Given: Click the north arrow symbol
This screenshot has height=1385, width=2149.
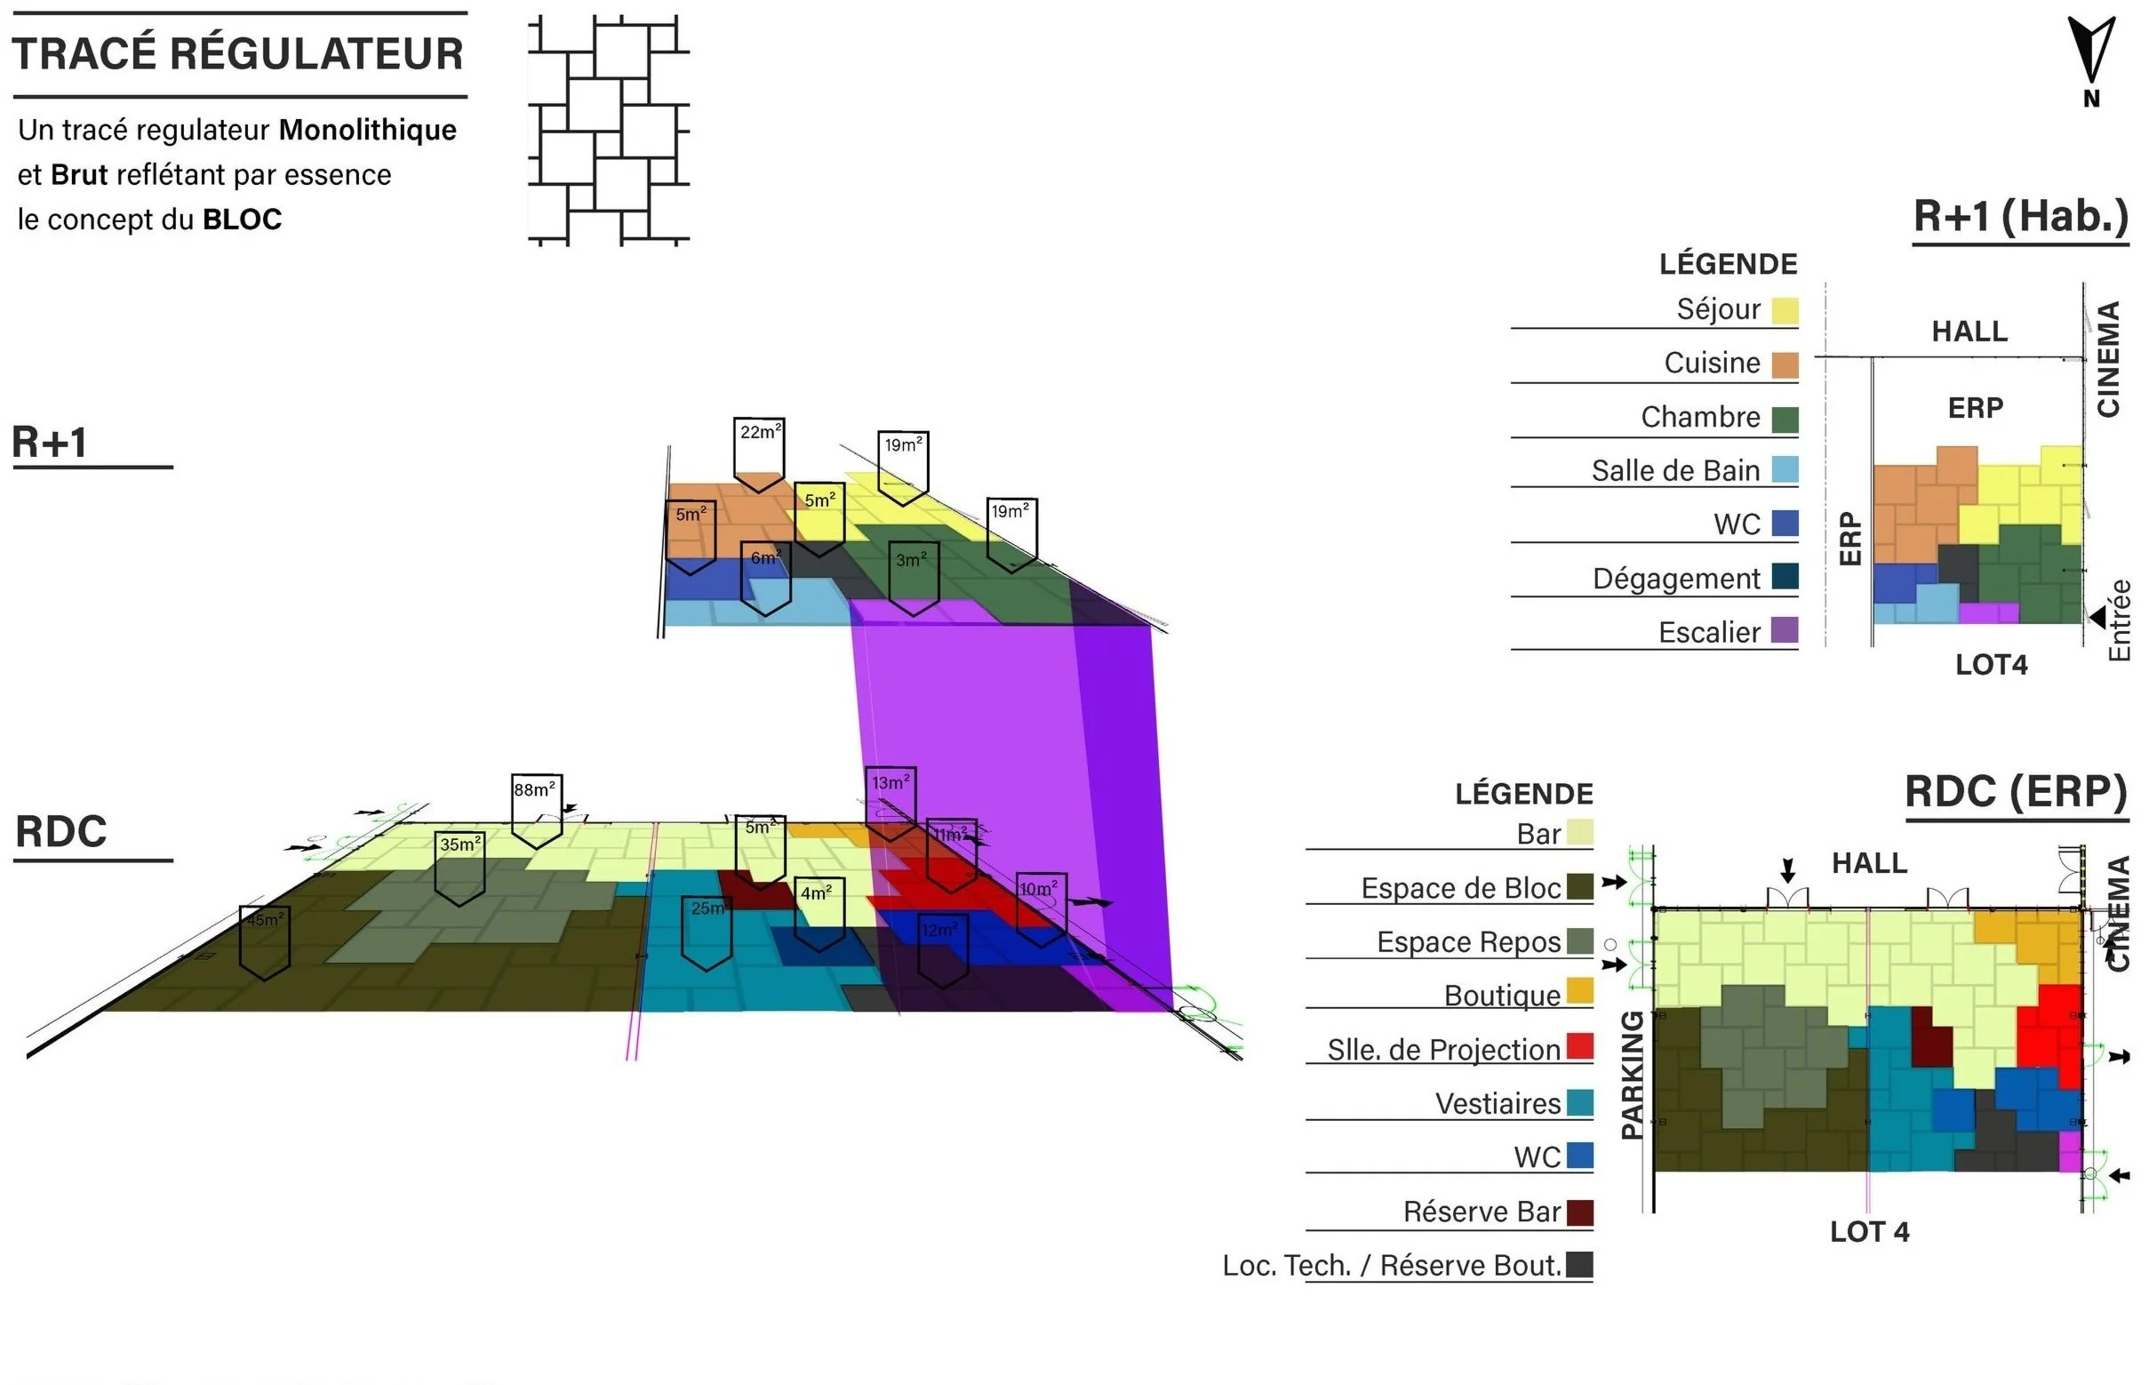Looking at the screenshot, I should [2090, 52].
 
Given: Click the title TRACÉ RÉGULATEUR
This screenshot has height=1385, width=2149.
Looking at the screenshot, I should [238, 54].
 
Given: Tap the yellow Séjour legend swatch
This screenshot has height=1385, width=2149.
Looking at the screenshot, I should [1784, 310].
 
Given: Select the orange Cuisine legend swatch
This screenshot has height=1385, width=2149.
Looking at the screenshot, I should [1784, 364].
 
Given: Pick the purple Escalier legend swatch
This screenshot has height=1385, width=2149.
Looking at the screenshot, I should [1784, 629].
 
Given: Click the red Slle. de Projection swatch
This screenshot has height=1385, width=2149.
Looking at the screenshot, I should [1579, 1046].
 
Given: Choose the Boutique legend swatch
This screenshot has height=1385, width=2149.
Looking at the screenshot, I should [1579, 990].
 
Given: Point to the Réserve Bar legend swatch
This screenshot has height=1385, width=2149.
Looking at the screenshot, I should [1579, 1213].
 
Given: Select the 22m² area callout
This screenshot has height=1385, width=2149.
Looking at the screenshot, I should [759, 450].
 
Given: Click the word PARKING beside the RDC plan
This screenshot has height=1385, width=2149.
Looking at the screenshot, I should [1632, 1075].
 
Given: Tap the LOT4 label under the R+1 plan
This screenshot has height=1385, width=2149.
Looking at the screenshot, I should [1991, 665].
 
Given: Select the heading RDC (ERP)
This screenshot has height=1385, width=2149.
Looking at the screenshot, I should [2016, 792].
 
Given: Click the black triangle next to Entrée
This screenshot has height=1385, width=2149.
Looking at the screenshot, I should [2097, 616].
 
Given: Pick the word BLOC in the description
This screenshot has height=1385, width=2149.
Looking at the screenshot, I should [242, 220].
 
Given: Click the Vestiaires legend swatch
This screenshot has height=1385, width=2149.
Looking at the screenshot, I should [1579, 1101].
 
